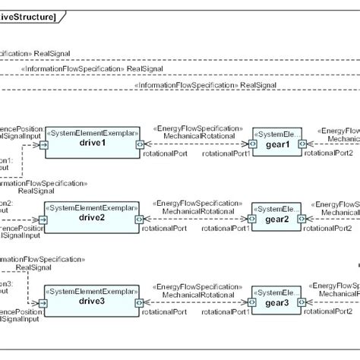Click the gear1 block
(x=276, y=144)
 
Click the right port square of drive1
(x=139, y=144)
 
